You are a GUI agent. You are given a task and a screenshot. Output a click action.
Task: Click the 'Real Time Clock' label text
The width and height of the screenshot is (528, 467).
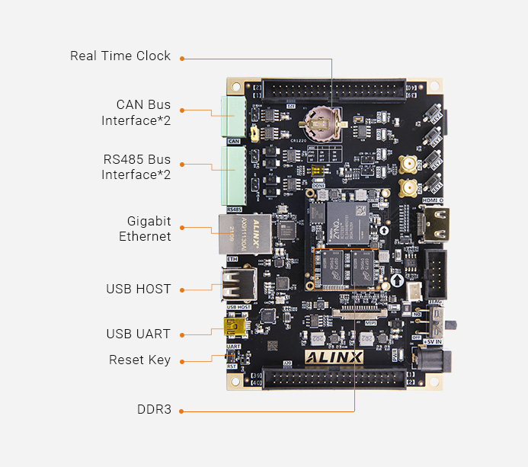coord(120,56)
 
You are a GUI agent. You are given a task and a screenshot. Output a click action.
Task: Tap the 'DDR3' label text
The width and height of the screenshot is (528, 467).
coord(154,410)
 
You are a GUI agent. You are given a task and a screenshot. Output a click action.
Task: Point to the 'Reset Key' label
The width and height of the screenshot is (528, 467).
coord(139,360)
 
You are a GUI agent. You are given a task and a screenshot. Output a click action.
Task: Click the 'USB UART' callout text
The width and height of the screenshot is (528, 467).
coord(139,334)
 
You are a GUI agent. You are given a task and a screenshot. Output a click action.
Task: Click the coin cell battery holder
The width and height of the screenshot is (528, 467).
coord(322,119)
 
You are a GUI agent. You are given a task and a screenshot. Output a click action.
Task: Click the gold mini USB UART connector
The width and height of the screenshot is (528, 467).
coord(232,328)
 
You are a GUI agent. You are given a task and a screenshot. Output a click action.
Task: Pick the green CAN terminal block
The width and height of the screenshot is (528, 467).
coord(232,117)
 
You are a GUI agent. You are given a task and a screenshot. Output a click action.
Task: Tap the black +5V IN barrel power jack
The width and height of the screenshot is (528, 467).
coord(435,358)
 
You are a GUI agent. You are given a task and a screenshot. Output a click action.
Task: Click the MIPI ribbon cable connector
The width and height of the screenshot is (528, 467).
coord(357,313)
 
